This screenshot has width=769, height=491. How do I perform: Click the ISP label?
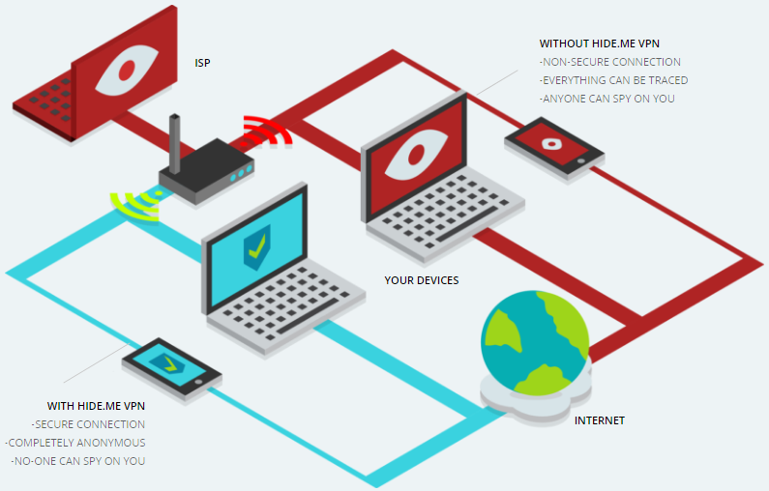coord(202,63)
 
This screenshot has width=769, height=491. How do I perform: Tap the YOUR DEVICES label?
coord(422,280)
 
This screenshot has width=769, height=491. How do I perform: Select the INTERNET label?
coord(600,420)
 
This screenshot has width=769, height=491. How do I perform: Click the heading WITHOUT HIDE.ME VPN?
coord(600,43)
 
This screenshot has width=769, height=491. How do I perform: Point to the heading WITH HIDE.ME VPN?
coord(96,406)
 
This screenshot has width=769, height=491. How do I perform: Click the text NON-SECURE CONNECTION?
coord(610,62)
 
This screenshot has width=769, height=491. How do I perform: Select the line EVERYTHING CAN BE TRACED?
coord(613,80)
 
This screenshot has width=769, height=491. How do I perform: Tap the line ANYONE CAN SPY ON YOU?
coord(607,99)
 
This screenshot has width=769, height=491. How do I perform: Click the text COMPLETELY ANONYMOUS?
coord(75,443)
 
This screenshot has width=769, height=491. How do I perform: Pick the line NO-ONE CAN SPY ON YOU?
coord(78,461)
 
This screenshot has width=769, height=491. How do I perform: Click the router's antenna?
coord(174,144)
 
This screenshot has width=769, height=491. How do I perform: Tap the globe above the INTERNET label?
coord(535,342)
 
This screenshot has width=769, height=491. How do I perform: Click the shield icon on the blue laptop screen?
coord(257,247)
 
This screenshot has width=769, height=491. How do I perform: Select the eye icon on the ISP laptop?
coord(127,70)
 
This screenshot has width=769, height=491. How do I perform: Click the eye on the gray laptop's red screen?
coord(416,155)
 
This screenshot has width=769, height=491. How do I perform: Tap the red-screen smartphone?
coord(554,147)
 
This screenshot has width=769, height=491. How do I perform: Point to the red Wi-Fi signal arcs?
coord(267,131)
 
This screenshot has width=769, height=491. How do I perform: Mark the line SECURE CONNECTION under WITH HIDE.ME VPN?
coord(88,424)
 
